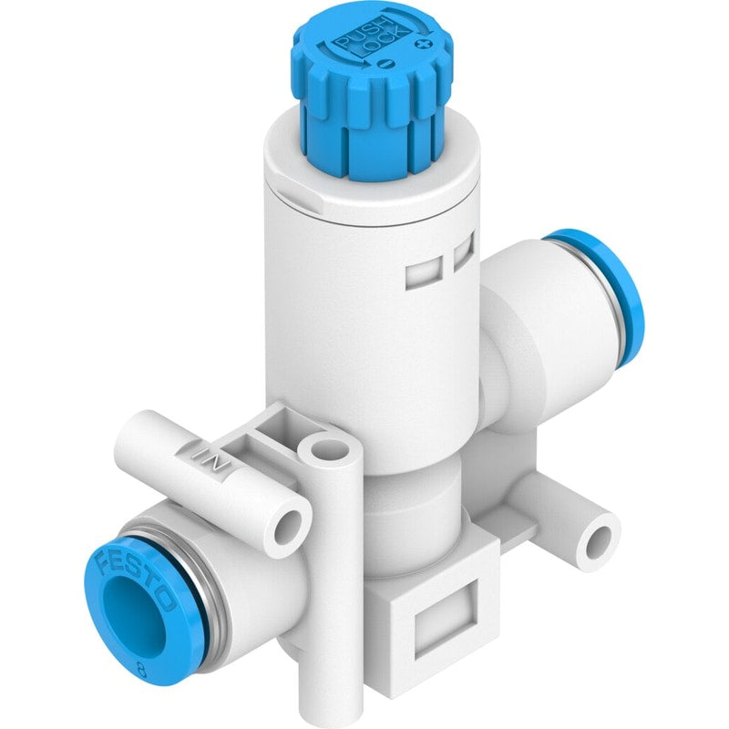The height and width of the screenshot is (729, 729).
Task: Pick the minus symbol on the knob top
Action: [x=386, y=65]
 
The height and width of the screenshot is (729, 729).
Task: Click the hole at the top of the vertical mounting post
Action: [x=329, y=449]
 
